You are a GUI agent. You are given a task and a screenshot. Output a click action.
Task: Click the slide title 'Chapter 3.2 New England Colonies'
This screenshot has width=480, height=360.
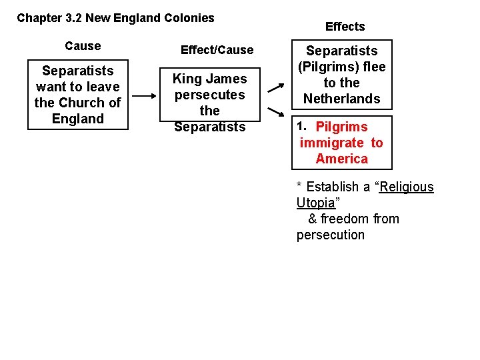(x=115, y=18)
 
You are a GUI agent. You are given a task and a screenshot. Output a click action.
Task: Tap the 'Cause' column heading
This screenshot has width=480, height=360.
(x=83, y=46)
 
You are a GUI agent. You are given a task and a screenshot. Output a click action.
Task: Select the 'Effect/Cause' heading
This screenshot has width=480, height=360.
(x=217, y=50)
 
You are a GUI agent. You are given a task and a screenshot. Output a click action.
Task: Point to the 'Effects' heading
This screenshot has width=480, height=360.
(x=345, y=27)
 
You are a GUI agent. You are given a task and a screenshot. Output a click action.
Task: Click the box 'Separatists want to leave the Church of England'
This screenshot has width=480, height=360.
(x=77, y=95)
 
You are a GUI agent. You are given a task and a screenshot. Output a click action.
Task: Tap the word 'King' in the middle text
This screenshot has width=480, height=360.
(x=187, y=79)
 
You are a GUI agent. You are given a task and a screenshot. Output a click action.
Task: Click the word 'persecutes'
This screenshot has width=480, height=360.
(x=209, y=95)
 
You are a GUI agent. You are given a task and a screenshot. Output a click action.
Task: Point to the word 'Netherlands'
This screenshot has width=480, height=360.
(x=341, y=99)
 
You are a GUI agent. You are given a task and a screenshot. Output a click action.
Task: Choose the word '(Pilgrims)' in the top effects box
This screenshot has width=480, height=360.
(x=341, y=67)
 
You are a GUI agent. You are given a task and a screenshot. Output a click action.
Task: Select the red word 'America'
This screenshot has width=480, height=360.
(x=341, y=159)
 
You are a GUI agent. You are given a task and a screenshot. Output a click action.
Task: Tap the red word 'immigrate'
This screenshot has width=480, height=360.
(x=332, y=143)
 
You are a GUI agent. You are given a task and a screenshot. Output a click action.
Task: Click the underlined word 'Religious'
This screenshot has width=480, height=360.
(x=407, y=187)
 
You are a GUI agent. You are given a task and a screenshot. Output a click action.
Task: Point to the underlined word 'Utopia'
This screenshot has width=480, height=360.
(x=315, y=203)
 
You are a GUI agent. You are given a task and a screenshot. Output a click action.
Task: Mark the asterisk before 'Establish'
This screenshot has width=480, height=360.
(x=300, y=186)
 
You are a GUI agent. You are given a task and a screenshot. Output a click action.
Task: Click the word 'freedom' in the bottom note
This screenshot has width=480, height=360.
(x=342, y=219)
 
